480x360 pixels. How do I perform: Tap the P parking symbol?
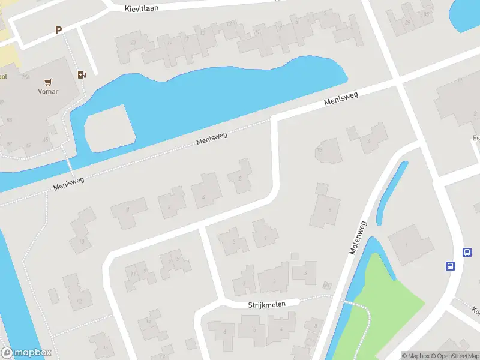click(x=58, y=30)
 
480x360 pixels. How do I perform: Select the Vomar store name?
click(x=49, y=92)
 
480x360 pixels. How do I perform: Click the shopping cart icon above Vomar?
click(x=49, y=82)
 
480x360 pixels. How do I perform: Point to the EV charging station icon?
click(x=82, y=75)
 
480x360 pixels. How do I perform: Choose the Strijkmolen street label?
click(x=266, y=305)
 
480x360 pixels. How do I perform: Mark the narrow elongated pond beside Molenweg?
click(x=391, y=192)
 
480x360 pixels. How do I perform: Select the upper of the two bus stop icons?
click(x=467, y=253)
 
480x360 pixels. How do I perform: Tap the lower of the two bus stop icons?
click(x=449, y=266)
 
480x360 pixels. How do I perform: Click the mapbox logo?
click(x=26, y=353)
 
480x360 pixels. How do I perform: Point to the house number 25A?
click(x=26, y=77)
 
